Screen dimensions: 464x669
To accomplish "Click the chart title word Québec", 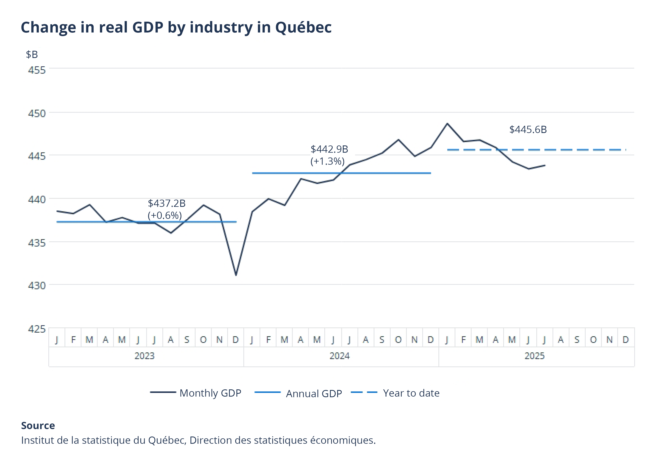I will pos(303,28).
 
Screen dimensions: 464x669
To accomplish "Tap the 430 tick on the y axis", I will pos(37,285).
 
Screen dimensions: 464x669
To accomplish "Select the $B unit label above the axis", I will pos(32,54).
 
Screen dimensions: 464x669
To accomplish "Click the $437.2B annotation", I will pos(166,203).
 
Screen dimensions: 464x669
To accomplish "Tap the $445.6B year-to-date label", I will pos(528,129).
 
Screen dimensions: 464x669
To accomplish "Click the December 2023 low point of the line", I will pos(236,275).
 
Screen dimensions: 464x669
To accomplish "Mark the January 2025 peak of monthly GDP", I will pos(447,124).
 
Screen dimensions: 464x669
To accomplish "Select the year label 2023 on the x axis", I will pos(144,356).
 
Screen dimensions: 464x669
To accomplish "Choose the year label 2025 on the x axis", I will pos(534,356).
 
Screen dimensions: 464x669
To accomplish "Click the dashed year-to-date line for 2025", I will pos(553,150).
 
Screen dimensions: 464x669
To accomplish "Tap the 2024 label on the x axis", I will pos(339,356).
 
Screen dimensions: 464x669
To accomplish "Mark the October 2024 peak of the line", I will pos(398,140).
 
